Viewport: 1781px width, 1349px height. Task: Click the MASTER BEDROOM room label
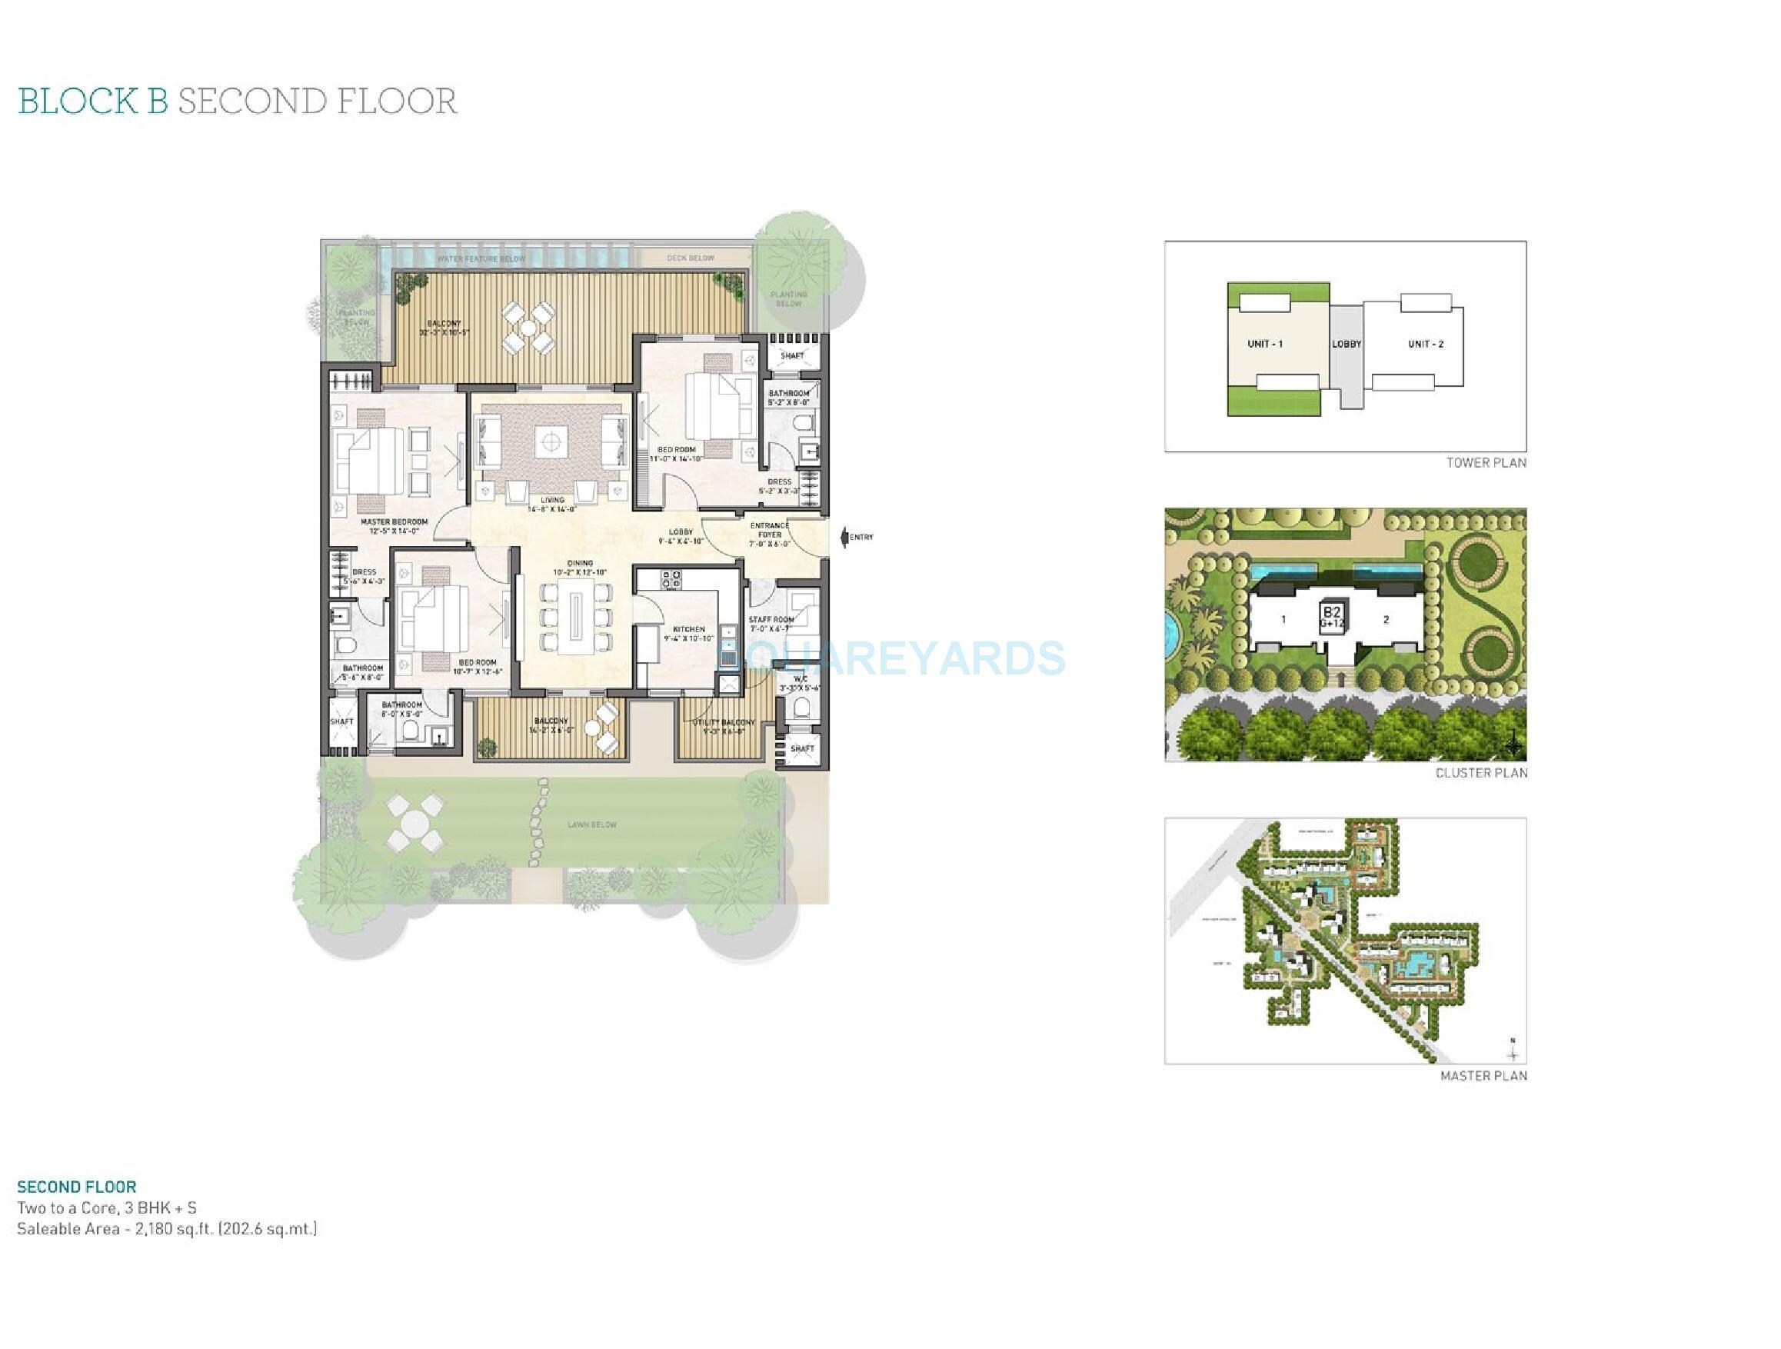click(394, 522)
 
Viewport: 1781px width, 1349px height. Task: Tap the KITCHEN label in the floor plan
click(688, 629)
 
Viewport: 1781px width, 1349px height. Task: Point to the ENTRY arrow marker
click(844, 537)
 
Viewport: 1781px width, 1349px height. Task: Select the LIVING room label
click(551, 500)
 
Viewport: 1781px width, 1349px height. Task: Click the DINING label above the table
click(580, 563)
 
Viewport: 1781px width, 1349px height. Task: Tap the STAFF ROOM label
click(771, 619)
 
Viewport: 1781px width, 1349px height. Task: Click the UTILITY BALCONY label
click(724, 722)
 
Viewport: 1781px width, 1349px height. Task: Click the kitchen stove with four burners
click(671, 578)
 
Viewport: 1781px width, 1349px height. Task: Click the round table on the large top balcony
click(528, 328)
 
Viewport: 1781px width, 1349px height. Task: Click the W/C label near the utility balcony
click(800, 679)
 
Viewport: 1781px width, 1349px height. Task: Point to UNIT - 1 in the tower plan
click(1265, 344)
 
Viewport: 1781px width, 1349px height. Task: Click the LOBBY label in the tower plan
click(1346, 344)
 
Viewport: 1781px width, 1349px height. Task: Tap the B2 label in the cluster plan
click(1331, 612)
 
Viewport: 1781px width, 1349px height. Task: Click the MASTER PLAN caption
click(1483, 1076)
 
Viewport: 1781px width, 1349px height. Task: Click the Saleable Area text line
click(167, 1229)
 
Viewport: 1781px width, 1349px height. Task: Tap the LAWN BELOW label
click(592, 824)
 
